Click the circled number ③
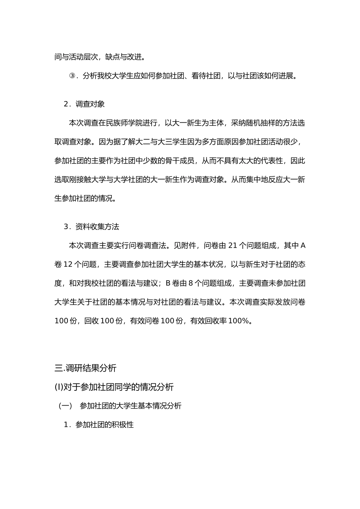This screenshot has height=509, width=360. click(72, 76)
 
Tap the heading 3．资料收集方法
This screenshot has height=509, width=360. click(91, 226)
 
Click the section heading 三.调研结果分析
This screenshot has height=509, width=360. click(85, 368)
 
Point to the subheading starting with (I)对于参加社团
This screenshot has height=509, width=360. click(114, 387)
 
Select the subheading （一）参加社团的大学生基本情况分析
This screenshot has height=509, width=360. click(120, 406)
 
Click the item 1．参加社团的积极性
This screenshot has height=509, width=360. click(99, 425)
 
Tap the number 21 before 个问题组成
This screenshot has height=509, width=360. click(233, 245)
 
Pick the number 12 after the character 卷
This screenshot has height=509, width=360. click(68, 264)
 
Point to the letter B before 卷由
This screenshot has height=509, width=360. click(168, 283)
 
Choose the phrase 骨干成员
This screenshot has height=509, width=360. click(179, 161)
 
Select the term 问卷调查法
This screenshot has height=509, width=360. click(148, 245)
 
